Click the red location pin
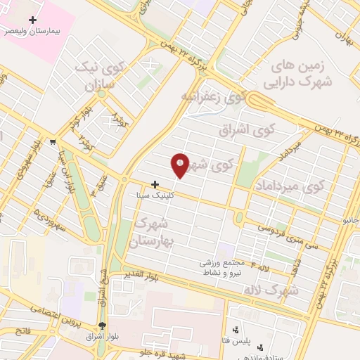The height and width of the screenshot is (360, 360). pyautogui.click(x=181, y=165)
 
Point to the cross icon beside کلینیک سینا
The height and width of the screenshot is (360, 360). pyautogui.click(x=155, y=184)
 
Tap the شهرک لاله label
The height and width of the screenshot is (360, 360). pyautogui.click(x=276, y=289)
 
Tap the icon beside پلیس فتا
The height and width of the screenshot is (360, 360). pyautogui.click(x=236, y=329)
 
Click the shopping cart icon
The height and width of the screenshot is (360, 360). pyautogui.click(x=53, y=142)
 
